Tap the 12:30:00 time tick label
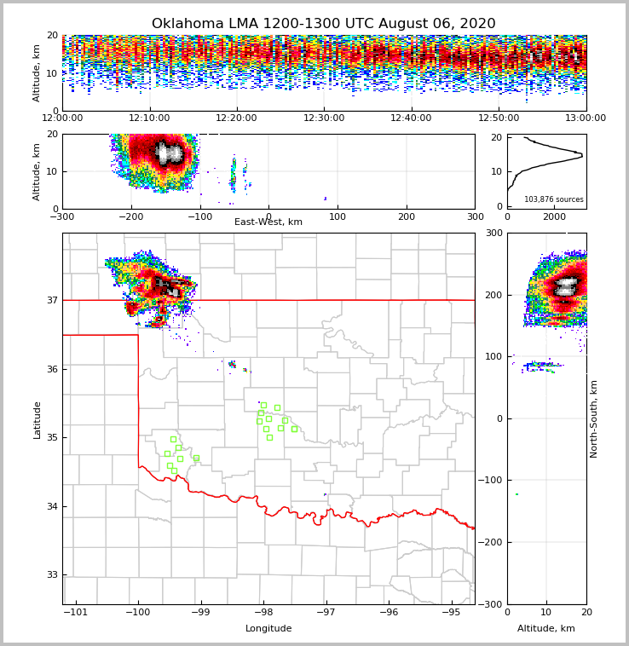[x=324, y=118]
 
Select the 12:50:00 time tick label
[x=499, y=118]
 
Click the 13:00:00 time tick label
[x=586, y=118]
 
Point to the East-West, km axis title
[x=268, y=222]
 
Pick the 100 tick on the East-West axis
[x=338, y=216]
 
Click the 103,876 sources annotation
[x=554, y=199]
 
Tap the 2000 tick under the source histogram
[x=554, y=216]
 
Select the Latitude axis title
[x=38, y=419]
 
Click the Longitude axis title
[x=268, y=629]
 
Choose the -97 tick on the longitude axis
[x=326, y=612]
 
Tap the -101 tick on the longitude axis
[x=76, y=612]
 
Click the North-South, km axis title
[x=595, y=418]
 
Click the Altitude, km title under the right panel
[x=546, y=629]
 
